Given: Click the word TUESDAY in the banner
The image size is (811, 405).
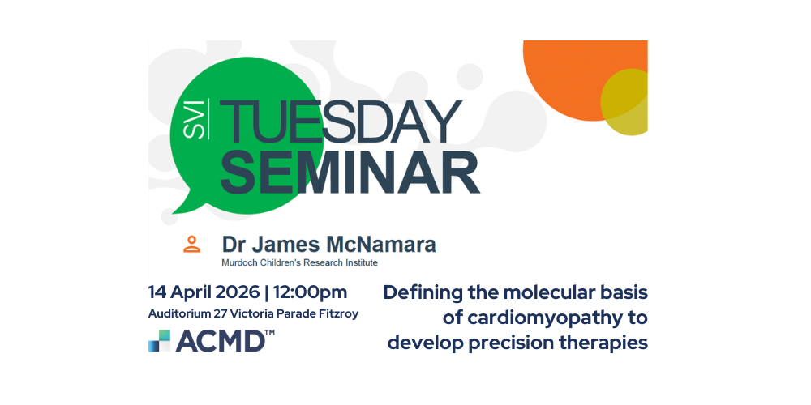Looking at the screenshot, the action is pos(341,122).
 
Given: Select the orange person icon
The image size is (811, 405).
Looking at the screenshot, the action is pos(192,244).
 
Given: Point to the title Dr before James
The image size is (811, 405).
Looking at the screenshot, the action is pos(233,245).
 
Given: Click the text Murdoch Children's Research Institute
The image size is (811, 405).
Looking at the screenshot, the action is pos(299,262).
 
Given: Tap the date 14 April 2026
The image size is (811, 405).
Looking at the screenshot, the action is pos(204,293).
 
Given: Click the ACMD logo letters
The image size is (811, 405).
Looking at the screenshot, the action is pos(220,341).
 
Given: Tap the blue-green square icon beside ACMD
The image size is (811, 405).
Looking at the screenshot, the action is pos(159,341).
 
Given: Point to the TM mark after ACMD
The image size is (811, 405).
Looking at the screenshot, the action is pos(269,334).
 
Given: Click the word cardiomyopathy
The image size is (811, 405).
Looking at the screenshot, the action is pos(543,318).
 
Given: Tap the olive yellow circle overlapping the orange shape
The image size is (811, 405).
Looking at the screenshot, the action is pos(624,102).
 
